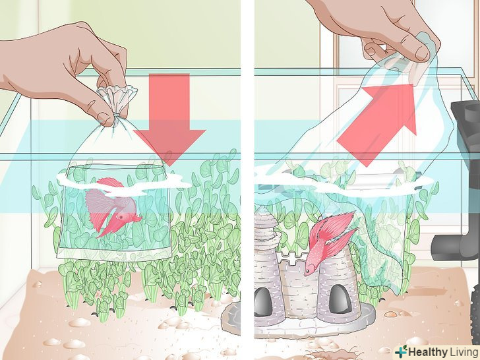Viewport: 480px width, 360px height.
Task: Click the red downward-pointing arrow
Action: point(169,119)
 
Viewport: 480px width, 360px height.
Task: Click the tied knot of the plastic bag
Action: point(116,117)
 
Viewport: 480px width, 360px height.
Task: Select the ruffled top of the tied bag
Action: point(117,98)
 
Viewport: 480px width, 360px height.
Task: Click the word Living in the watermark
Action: point(463,351)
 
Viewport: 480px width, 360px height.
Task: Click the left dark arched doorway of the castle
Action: point(262,302)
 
